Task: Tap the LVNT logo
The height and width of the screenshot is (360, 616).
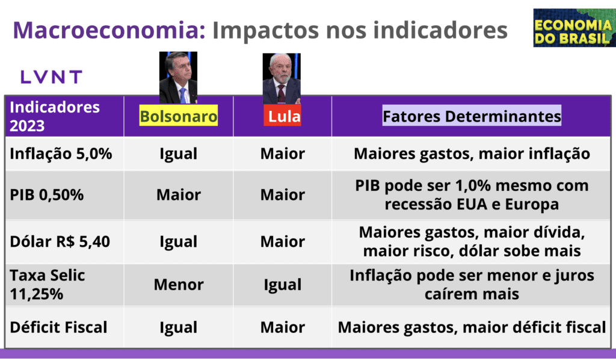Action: click(x=51, y=77)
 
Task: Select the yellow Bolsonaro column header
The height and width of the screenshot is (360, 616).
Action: click(x=178, y=116)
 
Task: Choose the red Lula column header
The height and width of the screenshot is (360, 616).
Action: click(x=282, y=116)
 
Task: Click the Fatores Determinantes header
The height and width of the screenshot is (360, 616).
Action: click(x=472, y=116)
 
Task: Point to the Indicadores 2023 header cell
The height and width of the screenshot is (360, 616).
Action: click(x=55, y=116)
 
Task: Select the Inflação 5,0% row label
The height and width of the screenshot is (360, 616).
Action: click(x=61, y=154)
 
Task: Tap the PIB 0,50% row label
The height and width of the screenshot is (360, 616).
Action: click(x=47, y=195)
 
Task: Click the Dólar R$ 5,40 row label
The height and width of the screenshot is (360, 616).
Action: click(x=60, y=241)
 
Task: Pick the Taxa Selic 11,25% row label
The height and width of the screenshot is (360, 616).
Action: click(x=47, y=285)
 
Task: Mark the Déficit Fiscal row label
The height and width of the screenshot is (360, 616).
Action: click(x=58, y=327)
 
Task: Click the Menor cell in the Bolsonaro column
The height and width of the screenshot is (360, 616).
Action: click(x=179, y=285)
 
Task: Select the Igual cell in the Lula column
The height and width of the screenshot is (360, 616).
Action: click(x=283, y=285)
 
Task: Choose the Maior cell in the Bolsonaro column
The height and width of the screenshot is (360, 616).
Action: click(x=179, y=195)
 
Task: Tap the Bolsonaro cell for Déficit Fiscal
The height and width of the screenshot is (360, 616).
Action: click(x=178, y=327)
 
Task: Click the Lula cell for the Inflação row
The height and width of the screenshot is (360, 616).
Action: click(x=283, y=154)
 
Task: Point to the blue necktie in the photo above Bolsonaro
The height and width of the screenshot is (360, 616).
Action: click(x=183, y=96)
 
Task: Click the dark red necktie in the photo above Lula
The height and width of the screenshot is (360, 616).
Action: click(x=282, y=94)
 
